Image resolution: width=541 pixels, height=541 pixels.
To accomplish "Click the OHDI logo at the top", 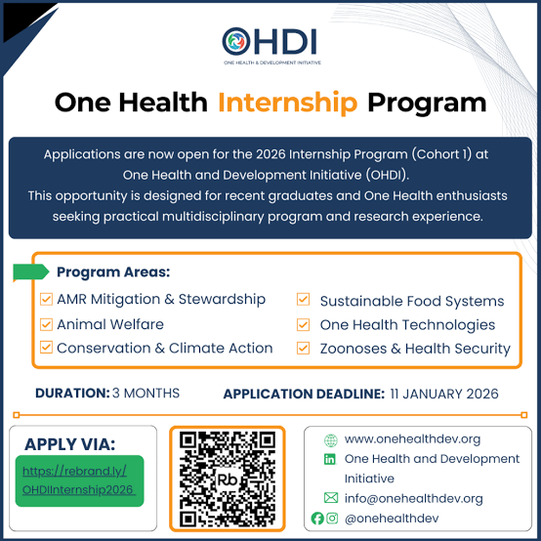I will click(270, 44).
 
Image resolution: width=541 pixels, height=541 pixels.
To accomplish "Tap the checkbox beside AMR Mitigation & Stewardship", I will click(45, 300).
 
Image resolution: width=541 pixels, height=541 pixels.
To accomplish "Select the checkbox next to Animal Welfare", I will click(45, 324).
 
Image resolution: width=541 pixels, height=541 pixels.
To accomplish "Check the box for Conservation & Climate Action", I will click(45, 348).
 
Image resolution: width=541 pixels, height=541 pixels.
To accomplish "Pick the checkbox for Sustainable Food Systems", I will click(304, 301).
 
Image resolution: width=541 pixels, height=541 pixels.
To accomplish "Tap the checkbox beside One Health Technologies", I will click(304, 324).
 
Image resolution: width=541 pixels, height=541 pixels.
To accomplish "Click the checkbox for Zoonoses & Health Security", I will click(304, 348).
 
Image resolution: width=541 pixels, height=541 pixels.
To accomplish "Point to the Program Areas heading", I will click(113, 272).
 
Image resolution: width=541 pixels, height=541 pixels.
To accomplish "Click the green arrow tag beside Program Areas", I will click(30, 271).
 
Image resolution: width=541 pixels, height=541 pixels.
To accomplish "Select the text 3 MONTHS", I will click(146, 394).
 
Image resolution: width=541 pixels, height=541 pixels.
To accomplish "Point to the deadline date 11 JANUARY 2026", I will click(444, 394).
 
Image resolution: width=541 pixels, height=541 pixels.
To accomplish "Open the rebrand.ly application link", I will click(79, 479).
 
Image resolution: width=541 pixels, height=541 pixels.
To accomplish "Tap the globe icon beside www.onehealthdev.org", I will click(330, 439).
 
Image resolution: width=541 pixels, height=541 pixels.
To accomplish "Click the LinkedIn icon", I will click(330, 459).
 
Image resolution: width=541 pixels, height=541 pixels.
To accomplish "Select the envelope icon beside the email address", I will click(330, 498).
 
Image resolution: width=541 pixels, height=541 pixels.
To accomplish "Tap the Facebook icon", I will click(317, 518).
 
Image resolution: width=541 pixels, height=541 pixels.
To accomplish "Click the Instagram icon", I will click(332, 518).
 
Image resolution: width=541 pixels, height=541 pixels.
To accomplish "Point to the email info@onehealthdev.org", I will click(414, 498).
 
